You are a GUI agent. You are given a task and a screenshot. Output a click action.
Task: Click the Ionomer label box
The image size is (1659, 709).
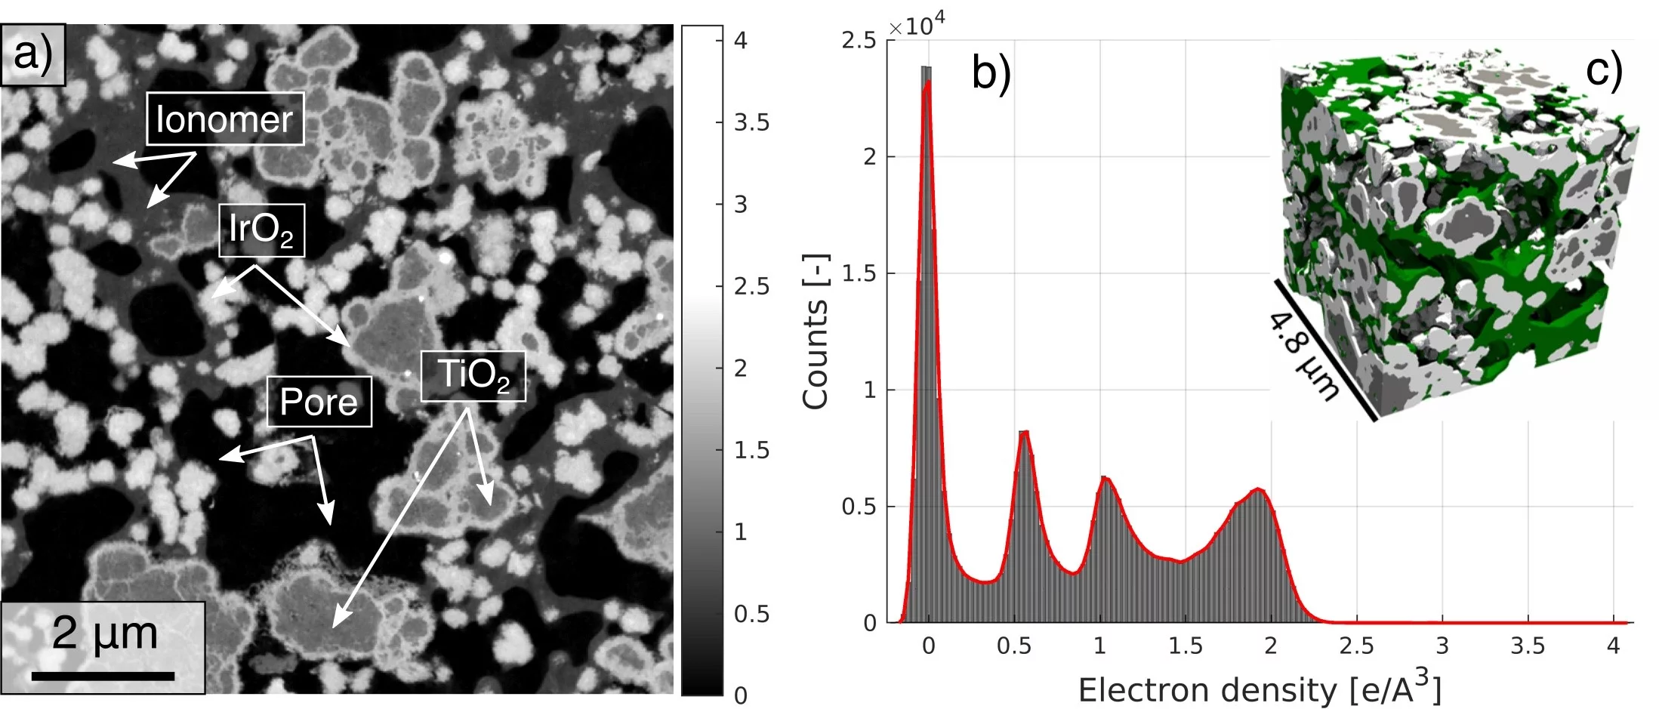point(224,119)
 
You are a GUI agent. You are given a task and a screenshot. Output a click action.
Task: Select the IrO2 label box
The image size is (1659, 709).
point(261,230)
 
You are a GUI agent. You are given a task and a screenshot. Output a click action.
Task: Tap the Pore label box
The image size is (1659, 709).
point(319,402)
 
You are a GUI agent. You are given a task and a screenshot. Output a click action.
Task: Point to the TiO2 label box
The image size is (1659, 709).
point(473,375)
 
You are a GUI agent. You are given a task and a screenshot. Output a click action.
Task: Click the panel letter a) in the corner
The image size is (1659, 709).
point(33,54)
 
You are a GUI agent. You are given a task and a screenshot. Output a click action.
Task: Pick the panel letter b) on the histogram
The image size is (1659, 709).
point(991,73)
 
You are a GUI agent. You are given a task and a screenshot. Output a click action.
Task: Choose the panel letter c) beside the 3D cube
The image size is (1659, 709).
point(1603,69)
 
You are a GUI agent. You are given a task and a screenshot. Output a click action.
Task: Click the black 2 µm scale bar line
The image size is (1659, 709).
point(103,676)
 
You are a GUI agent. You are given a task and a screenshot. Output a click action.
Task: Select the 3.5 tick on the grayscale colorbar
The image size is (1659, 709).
point(751,122)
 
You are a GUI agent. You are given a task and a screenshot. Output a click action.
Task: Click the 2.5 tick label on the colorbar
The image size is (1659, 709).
point(751,286)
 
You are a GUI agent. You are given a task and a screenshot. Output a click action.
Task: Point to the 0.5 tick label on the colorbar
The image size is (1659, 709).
point(751,614)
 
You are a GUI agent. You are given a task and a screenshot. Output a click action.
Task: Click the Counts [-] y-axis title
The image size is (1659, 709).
point(816,332)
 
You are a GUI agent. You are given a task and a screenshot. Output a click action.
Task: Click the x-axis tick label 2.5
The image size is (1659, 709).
point(1356,646)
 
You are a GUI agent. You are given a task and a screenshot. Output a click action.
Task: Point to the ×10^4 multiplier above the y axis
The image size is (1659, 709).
point(916,26)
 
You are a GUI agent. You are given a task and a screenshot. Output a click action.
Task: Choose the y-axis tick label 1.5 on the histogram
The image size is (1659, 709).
point(859,274)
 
